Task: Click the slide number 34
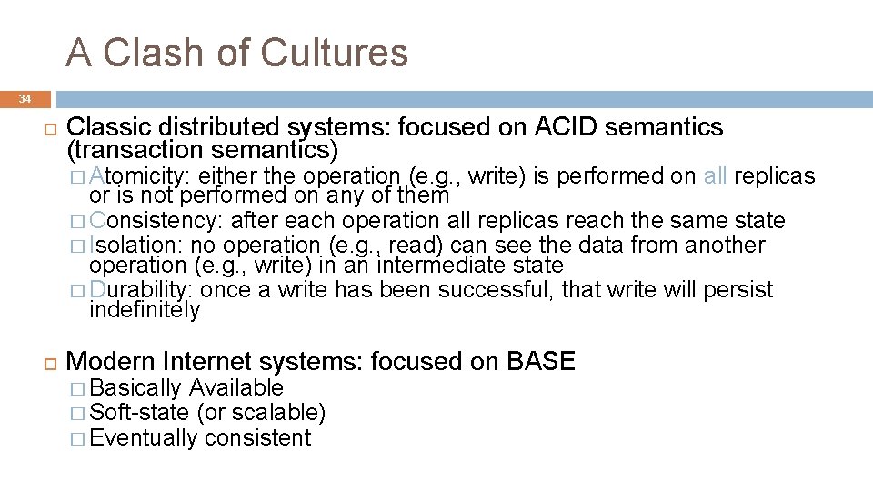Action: (25, 98)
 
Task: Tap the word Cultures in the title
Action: (335, 53)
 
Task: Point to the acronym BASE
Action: (541, 362)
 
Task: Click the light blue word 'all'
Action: (715, 175)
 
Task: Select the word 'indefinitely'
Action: (145, 310)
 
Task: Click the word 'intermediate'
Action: (427, 266)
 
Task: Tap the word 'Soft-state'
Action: (140, 413)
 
